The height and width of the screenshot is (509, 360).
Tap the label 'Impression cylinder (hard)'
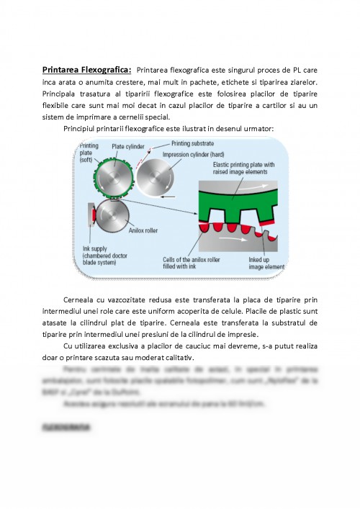pos(195,154)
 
